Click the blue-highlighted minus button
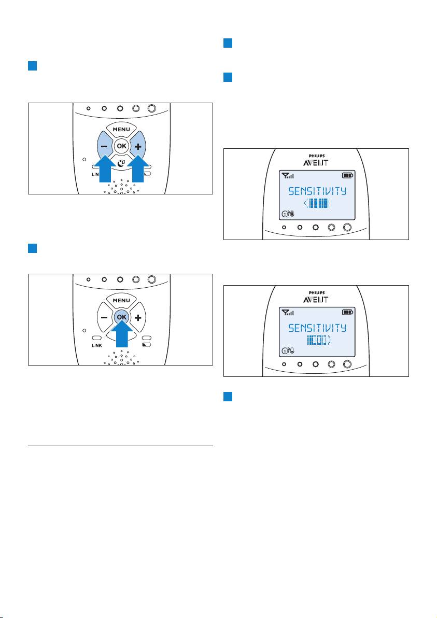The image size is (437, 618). click(104, 145)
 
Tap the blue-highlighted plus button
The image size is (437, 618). click(138, 145)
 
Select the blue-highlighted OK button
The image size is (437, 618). click(122, 317)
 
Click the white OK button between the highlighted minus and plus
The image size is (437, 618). click(122, 146)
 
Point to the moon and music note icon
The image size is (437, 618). click(121, 162)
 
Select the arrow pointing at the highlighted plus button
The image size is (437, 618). click(138, 169)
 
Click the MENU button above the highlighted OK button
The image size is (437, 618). click(121, 300)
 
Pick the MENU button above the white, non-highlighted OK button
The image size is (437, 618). click(121, 129)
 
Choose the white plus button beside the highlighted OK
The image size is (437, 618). click(138, 317)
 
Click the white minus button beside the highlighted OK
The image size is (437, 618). click(104, 317)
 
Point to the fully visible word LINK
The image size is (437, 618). click(97, 345)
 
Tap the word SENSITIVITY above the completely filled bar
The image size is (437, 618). click(317, 191)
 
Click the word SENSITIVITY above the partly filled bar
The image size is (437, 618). click(317, 328)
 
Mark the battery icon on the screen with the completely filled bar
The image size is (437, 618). click(347, 175)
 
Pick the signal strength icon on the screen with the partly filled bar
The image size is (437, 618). click(288, 313)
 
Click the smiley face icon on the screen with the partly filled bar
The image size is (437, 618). click(285, 350)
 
